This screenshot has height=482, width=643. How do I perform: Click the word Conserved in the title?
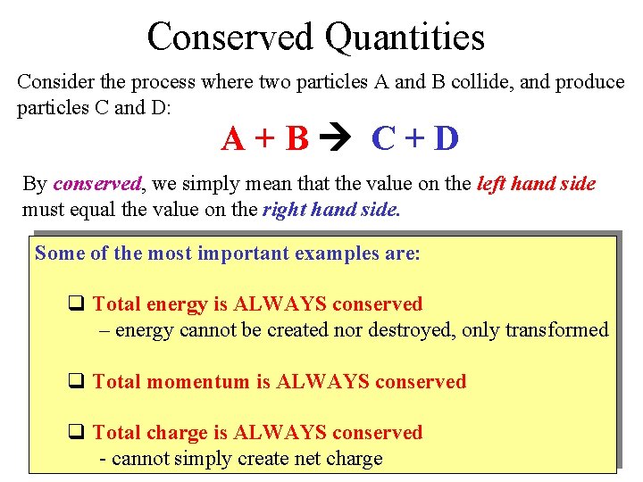pos(230,37)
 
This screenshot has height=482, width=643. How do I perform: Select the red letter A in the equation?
pos(234,138)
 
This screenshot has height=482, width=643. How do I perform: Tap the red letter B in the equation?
pos(297,138)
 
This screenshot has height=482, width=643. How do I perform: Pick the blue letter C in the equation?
pos(384,138)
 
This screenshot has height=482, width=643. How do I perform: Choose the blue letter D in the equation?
pos(446,138)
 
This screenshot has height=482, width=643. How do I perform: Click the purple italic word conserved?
pos(97,184)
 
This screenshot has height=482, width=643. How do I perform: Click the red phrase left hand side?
pos(537,184)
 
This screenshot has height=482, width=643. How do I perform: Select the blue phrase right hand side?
pos(330,211)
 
